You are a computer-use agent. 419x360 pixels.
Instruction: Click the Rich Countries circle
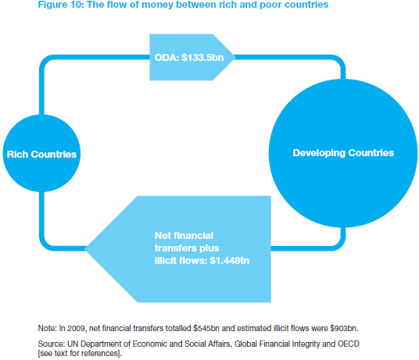pyautogui.click(x=41, y=153)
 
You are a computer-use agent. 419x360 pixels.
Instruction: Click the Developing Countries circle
pyautogui.click(x=343, y=153)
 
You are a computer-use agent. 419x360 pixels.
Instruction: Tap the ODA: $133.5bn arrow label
pyautogui.click(x=189, y=58)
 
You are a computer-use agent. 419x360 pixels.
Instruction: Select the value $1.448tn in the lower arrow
pyautogui.click(x=230, y=261)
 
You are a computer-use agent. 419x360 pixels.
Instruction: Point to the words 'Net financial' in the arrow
pyautogui.click(x=184, y=236)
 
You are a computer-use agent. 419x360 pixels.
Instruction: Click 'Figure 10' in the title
pyautogui.click(x=61, y=5)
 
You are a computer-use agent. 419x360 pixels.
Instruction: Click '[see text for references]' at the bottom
pyautogui.click(x=79, y=353)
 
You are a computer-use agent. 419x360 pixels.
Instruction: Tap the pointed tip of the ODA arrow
pyautogui.click(x=235, y=57)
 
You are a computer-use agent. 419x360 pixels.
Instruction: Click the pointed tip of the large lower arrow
pyautogui.click(x=84, y=248)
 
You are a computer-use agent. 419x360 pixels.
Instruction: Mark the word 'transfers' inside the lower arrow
pyautogui.click(x=174, y=248)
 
